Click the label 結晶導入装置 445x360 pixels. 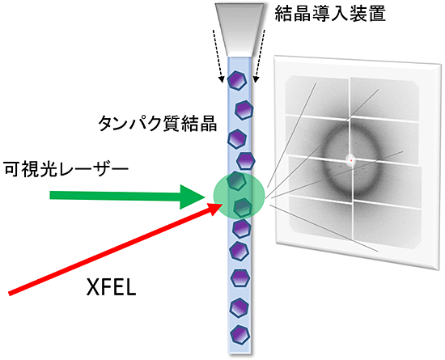pos(330,13)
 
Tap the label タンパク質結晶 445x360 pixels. pos(158,124)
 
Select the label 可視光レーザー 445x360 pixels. pos(66,169)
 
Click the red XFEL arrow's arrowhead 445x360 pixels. pos(214,209)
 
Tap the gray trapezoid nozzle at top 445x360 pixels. pos(239,29)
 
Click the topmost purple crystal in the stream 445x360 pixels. pos(237,81)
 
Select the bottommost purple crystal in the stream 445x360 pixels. pos(240,335)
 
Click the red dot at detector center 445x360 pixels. pos(351,160)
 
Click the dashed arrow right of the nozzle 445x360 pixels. pos(260,56)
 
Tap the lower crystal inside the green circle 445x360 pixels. pos(243,208)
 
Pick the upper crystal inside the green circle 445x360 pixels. pos(237,180)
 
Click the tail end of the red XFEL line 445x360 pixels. pos(10,294)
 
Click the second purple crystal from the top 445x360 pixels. pos(244,110)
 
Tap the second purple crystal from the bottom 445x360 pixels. pos(239,308)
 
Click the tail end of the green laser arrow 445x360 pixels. pos(50,195)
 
